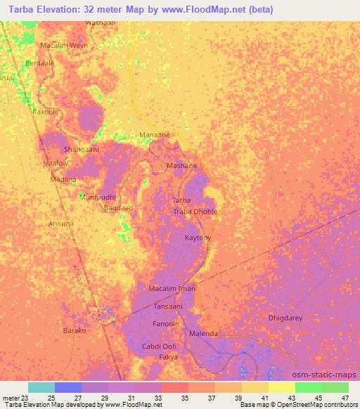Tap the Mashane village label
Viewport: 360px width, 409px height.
click(x=181, y=166)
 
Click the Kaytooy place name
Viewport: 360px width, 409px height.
click(x=198, y=238)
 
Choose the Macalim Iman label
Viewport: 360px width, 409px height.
click(x=172, y=289)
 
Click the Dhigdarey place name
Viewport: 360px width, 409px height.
click(x=287, y=318)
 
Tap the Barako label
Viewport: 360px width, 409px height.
click(x=75, y=330)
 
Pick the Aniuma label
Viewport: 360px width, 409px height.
click(x=60, y=224)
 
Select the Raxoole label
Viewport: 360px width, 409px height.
click(x=46, y=111)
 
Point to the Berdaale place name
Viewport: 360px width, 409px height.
click(x=39, y=62)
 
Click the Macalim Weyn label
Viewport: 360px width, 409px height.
click(x=63, y=44)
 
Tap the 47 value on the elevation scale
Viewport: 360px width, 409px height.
click(x=345, y=398)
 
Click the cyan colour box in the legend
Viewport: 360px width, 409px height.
click(x=41, y=387)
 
